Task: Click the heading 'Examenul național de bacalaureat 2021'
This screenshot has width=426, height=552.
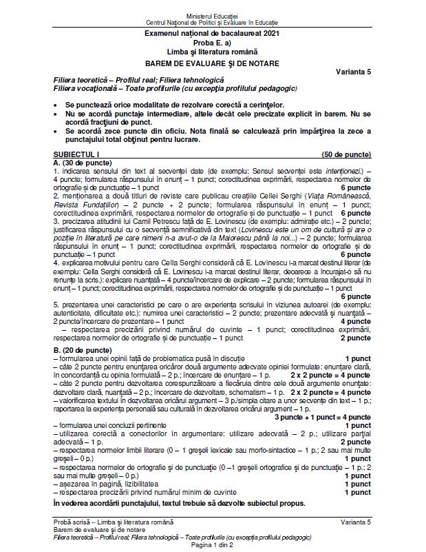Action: pyautogui.click(x=212, y=33)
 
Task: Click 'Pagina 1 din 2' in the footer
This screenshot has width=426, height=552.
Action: pyautogui.click(x=212, y=545)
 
